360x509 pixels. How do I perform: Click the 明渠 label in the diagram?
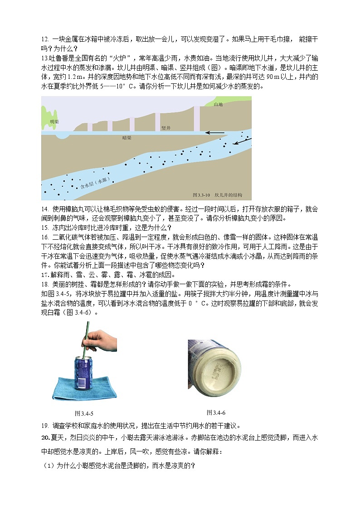pos(54,121)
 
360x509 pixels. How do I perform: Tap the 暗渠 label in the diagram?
pos(128,136)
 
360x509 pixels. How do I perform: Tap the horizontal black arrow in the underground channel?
pos(214,133)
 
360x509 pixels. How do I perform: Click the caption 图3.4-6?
pos(216,412)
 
